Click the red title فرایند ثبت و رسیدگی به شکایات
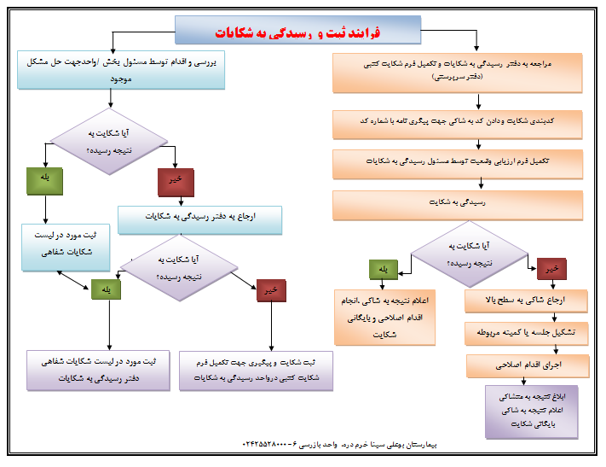[x=298, y=32]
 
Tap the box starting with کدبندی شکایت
[x=457, y=121]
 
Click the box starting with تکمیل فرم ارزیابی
[x=457, y=161]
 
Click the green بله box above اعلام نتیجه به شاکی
[x=384, y=270]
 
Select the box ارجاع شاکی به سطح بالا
[x=527, y=301]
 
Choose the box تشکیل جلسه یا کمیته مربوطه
[x=527, y=332]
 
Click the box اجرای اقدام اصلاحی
[x=527, y=365]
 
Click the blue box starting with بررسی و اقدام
[x=120, y=70]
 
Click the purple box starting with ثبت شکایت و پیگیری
[x=256, y=370]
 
